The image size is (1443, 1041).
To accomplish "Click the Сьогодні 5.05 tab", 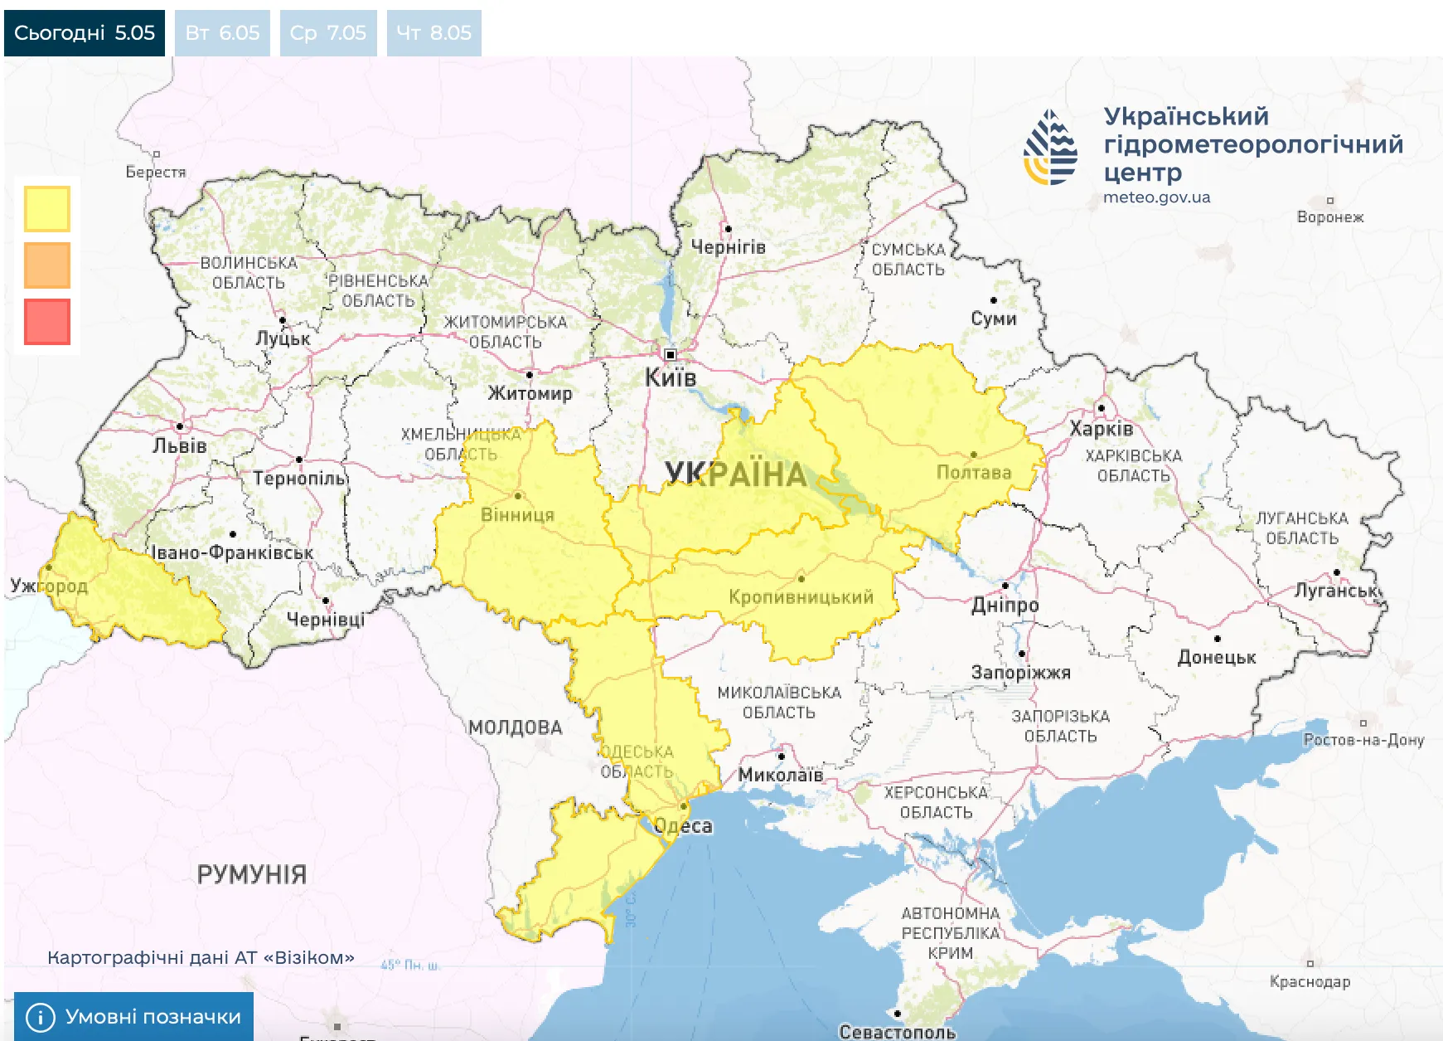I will (x=85, y=33).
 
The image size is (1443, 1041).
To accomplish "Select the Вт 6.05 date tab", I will (x=222, y=33).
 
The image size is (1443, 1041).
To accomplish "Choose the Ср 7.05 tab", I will (x=328, y=33).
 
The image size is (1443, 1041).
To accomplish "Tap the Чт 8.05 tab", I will (x=433, y=33).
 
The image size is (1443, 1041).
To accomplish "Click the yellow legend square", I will (x=47, y=208).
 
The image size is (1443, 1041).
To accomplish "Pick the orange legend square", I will (x=47, y=265).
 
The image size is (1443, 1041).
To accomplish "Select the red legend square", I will (x=47, y=321).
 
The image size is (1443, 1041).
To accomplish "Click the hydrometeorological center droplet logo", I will (x=1051, y=148).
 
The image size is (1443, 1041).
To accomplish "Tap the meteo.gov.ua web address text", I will (x=1156, y=197).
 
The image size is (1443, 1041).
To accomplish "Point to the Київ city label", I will (x=671, y=378).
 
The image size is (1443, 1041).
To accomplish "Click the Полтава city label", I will (x=974, y=472).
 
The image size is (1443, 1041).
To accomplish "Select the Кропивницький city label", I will (x=801, y=596).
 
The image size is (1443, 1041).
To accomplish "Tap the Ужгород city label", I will (x=49, y=586).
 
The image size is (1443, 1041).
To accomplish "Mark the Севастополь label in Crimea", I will (x=897, y=1032).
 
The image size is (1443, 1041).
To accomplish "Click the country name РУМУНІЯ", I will (x=251, y=874).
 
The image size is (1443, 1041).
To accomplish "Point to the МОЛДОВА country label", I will (x=515, y=727).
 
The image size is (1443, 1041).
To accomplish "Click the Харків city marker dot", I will (x=1101, y=408).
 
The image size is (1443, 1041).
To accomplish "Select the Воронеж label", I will (x=1329, y=217).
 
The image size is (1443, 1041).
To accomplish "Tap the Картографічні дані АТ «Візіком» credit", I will (x=201, y=957).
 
